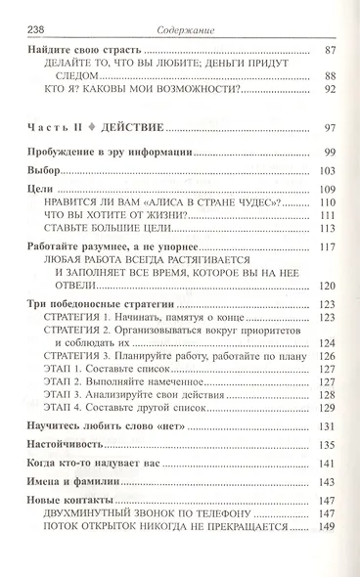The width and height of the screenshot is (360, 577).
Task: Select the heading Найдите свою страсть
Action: pos(85,49)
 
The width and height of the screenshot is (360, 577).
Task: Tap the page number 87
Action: pos(330,49)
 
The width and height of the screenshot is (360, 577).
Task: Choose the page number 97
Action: pos(330,127)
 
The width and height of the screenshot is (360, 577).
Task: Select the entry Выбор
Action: pos(46,170)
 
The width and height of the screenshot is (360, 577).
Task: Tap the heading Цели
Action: pos(42,188)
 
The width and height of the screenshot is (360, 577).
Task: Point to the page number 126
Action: pos(328,357)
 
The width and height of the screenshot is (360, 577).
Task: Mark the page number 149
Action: pos(328,526)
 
